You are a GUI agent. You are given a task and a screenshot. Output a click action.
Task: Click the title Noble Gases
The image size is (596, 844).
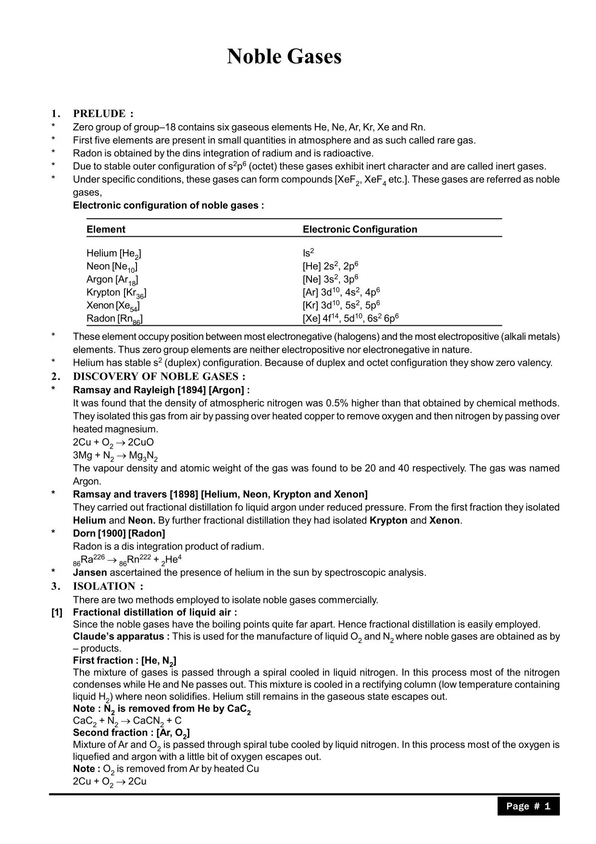coord(284,57)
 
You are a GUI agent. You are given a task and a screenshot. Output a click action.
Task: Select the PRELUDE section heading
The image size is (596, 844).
coord(103,114)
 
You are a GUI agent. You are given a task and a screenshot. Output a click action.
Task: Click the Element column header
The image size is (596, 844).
coord(106,230)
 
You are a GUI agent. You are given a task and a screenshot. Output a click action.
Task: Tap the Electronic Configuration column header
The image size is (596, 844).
coord(360,230)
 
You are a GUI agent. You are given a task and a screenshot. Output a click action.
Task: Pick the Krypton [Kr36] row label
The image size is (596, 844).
coord(116,293)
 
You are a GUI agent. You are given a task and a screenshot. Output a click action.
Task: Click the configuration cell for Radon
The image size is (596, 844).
coord(350,318)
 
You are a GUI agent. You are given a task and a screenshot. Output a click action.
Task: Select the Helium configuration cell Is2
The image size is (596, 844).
coord(308,253)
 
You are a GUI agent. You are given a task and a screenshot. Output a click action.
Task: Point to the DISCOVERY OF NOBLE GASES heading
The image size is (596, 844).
coord(159,376)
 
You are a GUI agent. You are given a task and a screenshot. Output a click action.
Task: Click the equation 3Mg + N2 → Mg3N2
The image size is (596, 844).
coord(115,455)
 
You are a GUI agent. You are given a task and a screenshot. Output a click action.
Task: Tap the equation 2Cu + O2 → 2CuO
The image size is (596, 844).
coord(113,442)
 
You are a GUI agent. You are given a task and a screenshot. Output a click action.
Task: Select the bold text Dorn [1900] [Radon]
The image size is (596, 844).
coord(119,533)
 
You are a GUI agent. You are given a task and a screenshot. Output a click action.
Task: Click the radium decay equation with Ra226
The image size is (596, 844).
coord(127,560)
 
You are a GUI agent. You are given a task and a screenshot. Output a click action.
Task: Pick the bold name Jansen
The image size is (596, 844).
coord(90,573)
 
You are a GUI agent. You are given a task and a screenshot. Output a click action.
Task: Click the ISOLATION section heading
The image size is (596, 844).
coord(108,586)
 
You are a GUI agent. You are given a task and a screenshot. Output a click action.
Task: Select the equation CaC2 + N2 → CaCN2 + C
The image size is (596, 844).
coord(127,721)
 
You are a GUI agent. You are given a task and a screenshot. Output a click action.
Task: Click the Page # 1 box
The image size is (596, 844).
coord(528,806)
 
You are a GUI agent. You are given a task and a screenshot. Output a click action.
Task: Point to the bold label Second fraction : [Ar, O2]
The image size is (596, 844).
coord(131,733)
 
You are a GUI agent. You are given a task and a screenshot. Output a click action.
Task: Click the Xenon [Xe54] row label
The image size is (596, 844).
coord(113,306)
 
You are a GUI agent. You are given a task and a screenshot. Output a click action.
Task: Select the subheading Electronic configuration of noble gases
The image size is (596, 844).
coord(168,205)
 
